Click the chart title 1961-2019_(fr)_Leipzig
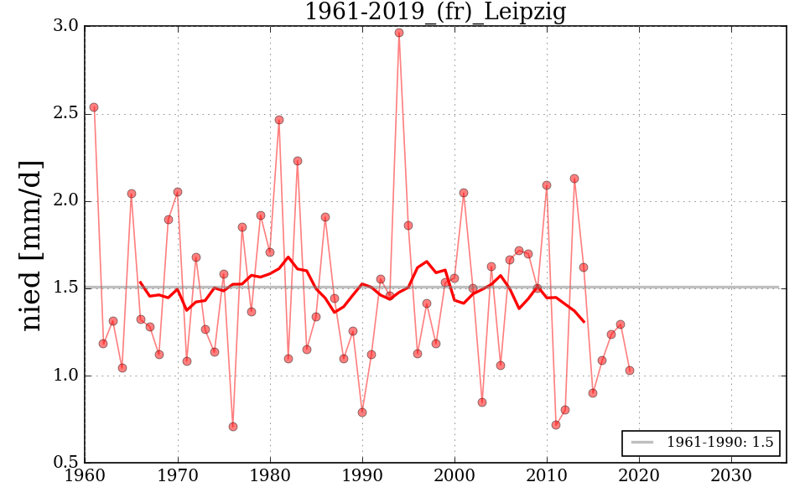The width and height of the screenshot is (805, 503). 434,13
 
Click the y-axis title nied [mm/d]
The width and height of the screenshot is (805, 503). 32,245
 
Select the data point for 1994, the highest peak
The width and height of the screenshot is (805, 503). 399,33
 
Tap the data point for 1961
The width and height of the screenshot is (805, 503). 94,107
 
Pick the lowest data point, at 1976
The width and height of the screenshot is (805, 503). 232,427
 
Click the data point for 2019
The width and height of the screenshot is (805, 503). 630,371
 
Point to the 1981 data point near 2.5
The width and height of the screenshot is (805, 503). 279,120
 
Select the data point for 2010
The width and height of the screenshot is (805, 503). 547,185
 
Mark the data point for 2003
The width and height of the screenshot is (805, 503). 482,402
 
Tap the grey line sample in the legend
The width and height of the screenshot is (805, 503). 641,443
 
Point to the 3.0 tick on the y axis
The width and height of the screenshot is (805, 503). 66,26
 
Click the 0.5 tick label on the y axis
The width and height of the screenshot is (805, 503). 66,463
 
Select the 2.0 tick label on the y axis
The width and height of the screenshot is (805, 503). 66,201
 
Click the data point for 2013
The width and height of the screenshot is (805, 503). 574,179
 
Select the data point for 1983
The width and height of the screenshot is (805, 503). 298,161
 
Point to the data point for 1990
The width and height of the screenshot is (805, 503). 362,412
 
